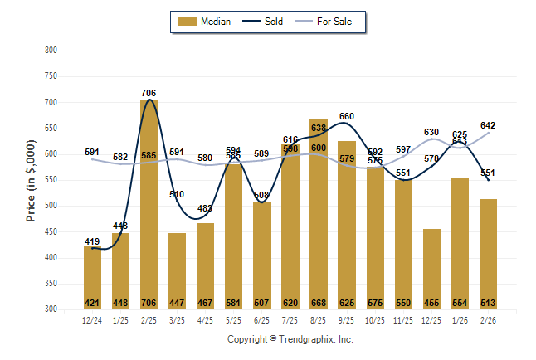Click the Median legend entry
click(x=207, y=22)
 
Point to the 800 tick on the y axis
click(x=51, y=51)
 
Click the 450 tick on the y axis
click(x=51, y=232)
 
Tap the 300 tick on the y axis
click(x=51, y=309)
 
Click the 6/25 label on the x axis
click(x=262, y=320)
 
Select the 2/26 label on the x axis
click(x=488, y=320)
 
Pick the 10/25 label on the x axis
click(x=375, y=320)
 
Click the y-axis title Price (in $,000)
click(x=31, y=180)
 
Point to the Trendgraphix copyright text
click(x=290, y=339)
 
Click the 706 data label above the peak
click(x=149, y=93)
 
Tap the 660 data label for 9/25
click(x=347, y=116)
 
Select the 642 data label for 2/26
click(x=488, y=126)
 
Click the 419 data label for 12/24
click(x=93, y=241)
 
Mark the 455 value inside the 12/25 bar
click(x=431, y=303)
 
